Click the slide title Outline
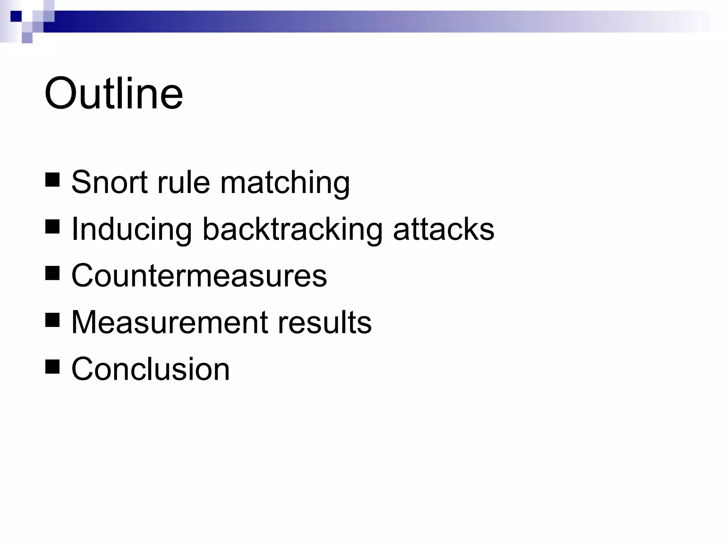113,93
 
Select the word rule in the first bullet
184,182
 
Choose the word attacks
443,229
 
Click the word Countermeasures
199,276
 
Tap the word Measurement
169,322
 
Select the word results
324,322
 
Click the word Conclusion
151,369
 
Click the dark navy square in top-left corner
16,16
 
